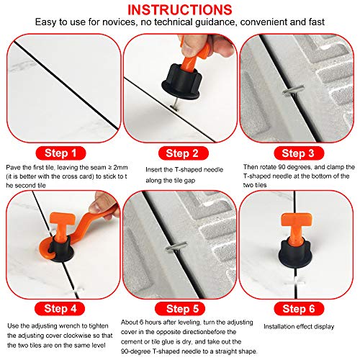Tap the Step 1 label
61,153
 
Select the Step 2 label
181,153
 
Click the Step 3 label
298,153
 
